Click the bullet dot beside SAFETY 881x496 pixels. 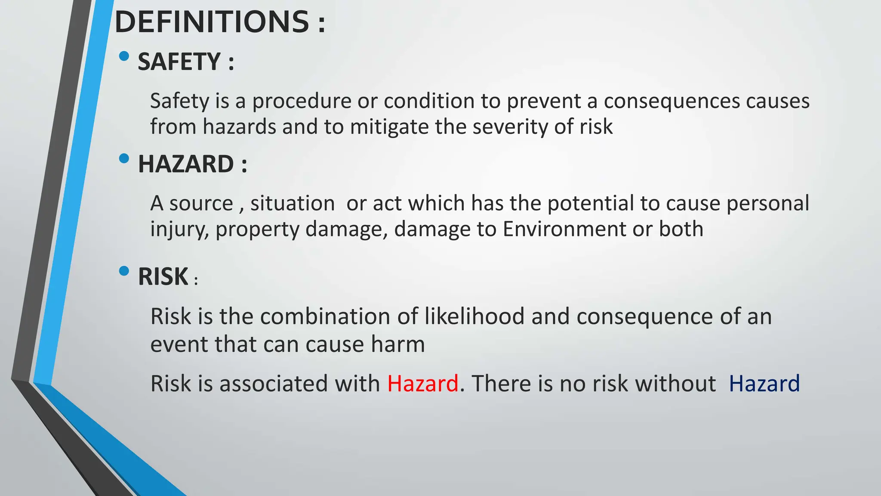124,56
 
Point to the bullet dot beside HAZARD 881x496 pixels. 124,158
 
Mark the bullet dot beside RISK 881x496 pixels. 124,271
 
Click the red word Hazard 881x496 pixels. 422,383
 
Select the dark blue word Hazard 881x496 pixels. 764,383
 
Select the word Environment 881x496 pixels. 564,229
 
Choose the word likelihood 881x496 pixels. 474,316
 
